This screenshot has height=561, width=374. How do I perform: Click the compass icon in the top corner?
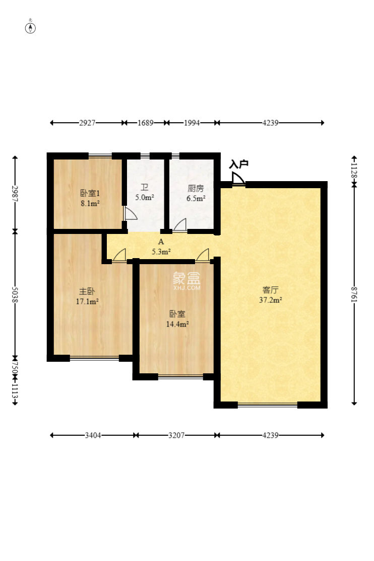[31, 27]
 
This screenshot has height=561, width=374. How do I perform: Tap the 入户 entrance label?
[238, 164]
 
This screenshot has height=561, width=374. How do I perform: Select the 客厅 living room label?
[271, 290]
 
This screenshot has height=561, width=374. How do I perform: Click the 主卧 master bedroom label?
[87, 291]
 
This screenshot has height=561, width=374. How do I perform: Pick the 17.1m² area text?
[87, 302]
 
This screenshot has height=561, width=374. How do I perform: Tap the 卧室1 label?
[89, 193]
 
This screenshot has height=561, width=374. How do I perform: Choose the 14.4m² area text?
[177, 325]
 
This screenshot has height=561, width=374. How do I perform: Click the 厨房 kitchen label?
[196, 189]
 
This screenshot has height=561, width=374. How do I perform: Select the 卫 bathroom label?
[144, 188]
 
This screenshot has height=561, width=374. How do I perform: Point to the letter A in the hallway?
[161, 242]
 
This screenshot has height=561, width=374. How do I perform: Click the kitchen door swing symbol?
[180, 225]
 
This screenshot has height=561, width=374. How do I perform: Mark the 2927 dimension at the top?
[87, 122]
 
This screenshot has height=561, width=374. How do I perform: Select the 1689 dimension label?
[145, 122]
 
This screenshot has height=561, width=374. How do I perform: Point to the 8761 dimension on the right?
[354, 295]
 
